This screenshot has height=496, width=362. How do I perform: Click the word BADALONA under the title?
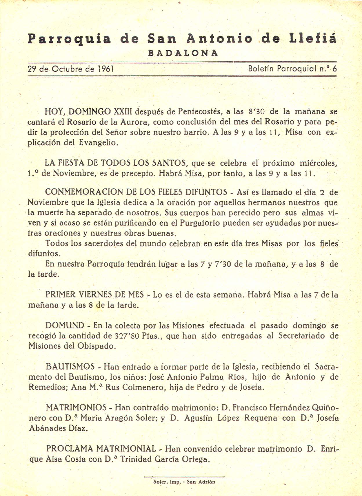[x=183, y=53]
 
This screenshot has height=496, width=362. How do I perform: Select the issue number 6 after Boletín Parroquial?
[x=335, y=69]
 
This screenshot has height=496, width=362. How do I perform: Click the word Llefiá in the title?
[x=313, y=39]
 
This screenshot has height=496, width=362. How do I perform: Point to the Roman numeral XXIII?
[x=123, y=111]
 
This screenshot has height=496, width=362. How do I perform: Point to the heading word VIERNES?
[x=96, y=295]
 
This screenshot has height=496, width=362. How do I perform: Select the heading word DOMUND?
[x=65, y=326]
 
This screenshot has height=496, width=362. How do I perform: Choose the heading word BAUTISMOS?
[x=70, y=367]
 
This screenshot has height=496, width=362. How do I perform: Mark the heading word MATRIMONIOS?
[x=76, y=408]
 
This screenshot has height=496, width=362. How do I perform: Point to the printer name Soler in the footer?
[x=160, y=482]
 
